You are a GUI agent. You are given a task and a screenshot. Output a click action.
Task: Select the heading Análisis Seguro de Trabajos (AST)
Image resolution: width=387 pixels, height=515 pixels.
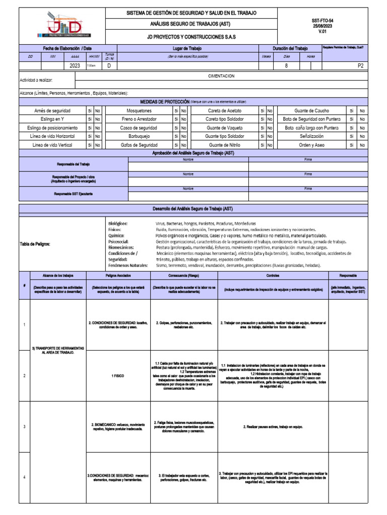191,24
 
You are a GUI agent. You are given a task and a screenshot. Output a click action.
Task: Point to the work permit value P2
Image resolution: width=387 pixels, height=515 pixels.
360,65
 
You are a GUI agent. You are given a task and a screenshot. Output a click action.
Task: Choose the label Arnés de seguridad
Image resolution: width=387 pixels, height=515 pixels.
52,111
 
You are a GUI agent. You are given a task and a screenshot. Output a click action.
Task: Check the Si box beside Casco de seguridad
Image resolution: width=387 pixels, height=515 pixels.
176,128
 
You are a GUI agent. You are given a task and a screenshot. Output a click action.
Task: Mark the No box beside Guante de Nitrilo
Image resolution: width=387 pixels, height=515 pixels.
270,145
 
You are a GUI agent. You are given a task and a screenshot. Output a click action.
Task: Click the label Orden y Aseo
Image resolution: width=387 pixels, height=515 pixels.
312,145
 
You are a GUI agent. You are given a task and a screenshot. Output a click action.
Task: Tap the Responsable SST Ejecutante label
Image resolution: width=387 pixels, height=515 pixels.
74,194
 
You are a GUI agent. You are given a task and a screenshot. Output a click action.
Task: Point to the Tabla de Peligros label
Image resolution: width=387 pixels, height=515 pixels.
35,244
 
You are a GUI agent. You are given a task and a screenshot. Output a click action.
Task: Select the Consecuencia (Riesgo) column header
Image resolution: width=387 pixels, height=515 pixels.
184,276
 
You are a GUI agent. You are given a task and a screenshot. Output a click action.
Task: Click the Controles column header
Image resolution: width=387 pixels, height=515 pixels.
273,276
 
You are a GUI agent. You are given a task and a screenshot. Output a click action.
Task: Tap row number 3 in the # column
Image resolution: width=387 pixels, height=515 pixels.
24,427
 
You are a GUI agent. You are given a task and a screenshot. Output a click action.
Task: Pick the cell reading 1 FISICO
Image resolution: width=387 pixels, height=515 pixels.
118,376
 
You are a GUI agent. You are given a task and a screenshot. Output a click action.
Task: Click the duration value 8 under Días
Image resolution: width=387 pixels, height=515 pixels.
286,65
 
